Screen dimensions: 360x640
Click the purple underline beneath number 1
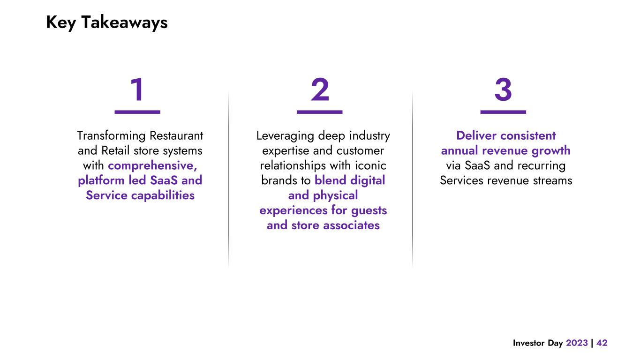tap(137, 112)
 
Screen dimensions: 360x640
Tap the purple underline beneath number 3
tap(503, 112)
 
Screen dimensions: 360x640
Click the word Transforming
tap(111, 136)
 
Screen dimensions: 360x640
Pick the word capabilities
tap(162, 195)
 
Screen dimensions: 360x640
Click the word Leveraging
tap(286, 136)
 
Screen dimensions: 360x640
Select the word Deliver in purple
tap(476, 136)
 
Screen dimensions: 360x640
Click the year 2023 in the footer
tap(577, 343)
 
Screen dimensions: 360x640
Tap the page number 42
tap(602, 343)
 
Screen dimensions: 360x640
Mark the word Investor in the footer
tap(529, 343)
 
